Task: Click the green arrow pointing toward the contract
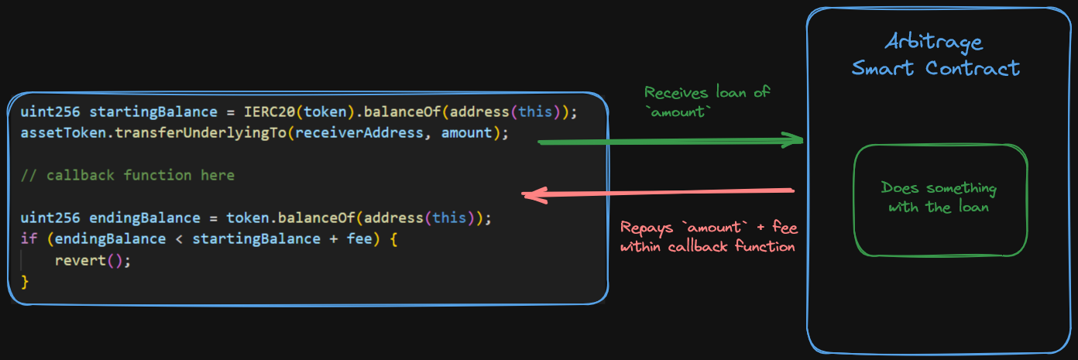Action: coord(670,142)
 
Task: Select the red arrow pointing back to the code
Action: coord(658,192)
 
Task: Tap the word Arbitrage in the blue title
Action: coord(935,43)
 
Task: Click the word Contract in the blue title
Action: coord(973,68)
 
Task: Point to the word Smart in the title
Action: coord(884,68)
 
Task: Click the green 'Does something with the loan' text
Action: coord(939,197)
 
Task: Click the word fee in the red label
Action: coord(782,228)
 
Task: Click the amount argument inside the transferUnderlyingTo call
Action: coord(466,132)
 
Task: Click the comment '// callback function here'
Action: coord(127,175)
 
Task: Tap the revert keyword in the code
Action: coord(80,260)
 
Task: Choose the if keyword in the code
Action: coord(29,238)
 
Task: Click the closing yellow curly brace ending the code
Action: coord(25,282)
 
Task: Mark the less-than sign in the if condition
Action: coord(178,238)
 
